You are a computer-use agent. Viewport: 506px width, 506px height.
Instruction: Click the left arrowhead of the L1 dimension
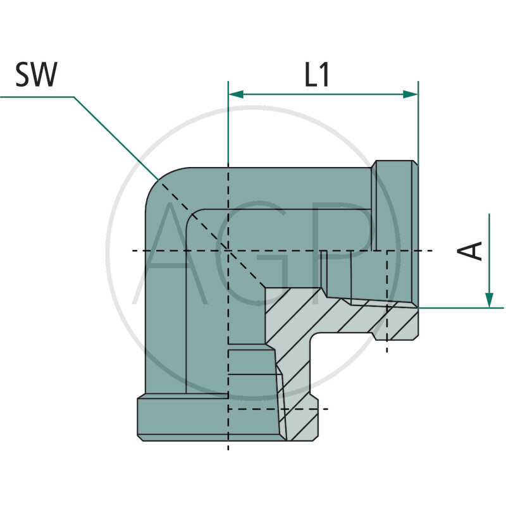click(235, 94)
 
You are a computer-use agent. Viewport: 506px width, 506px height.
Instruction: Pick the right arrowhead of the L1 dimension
click(410, 94)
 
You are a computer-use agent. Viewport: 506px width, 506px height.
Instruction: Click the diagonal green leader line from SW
click(114, 136)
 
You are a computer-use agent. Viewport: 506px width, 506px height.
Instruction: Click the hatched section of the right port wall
click(354, 316)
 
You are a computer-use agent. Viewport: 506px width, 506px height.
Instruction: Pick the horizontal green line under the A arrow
click(462, 308)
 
